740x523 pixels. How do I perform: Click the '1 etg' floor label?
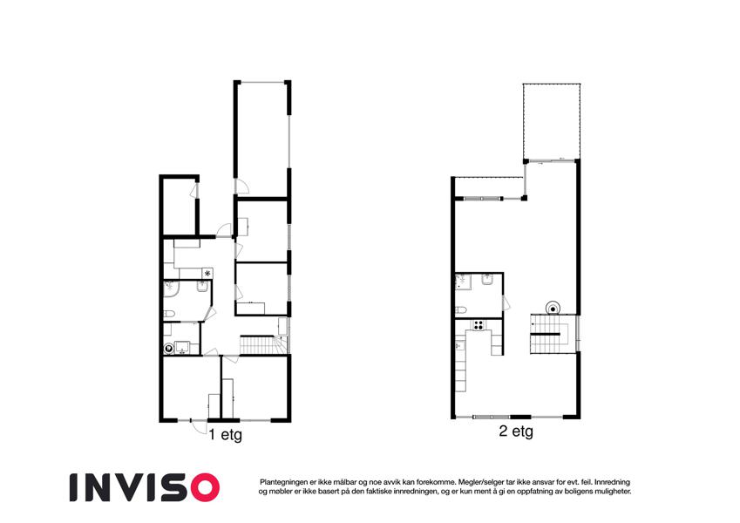click(x=225, y=434)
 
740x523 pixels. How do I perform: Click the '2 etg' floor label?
click(x=516, y=431)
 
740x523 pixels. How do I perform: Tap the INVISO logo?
click(x=145, y=487)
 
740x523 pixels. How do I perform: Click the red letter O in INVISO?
click(x=204, y=487)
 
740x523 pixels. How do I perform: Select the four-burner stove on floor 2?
click(x=479, y=325)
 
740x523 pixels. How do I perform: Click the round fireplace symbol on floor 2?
click(x=553, y=309)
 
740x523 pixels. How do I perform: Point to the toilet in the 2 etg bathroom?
click(x=461, y=310)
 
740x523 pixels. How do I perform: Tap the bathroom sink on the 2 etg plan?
click(x=487, y=280)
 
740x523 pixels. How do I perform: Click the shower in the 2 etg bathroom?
click(x=463, y=282)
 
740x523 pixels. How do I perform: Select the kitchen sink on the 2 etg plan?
click(x=460, y=346)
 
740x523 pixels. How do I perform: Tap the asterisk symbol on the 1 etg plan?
click(x=207, y=274)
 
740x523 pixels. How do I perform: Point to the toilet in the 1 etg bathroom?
click(x=169, y=314)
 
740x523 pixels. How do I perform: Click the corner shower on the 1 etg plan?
click(x=171, y=289)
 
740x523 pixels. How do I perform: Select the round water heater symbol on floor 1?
click(x=168, y=350)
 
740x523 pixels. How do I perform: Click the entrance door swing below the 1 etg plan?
click(x=198, y=426)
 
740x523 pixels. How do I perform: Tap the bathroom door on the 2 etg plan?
click(x=506, y=302)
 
